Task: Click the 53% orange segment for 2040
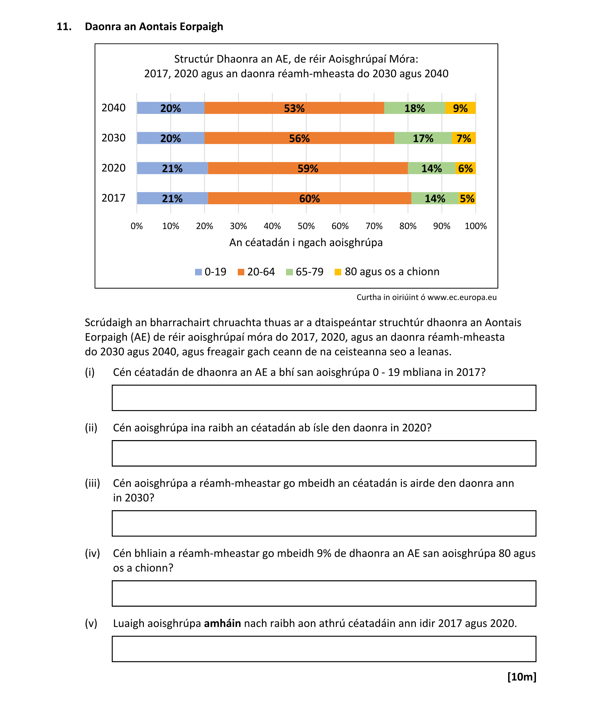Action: click(x=294, y=108)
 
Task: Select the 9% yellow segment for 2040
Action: click(x=460, y=108)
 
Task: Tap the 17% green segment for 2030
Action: click(x=423, y=138)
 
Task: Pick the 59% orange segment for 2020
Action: click(x=308, y=168)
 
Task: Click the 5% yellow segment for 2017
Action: click(x=467, y=198)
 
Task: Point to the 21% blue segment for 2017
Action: click(x=172, y=198)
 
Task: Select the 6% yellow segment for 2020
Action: click(x=465, y=168)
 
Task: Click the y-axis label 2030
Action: click(x=114, y=138)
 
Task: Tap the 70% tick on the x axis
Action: click(x=374, y=226)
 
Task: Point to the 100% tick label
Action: click(x=475, y=226)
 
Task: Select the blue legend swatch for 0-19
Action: click(x=198, y=272)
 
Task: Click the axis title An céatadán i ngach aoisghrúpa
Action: click(x=306, y=242)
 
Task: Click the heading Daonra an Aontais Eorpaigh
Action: click(x=154, y=26)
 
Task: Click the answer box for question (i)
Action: click(x=324, y=398)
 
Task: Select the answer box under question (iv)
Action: click(x=324, y=593)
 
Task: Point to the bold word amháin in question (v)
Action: click(x=222, y=623)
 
